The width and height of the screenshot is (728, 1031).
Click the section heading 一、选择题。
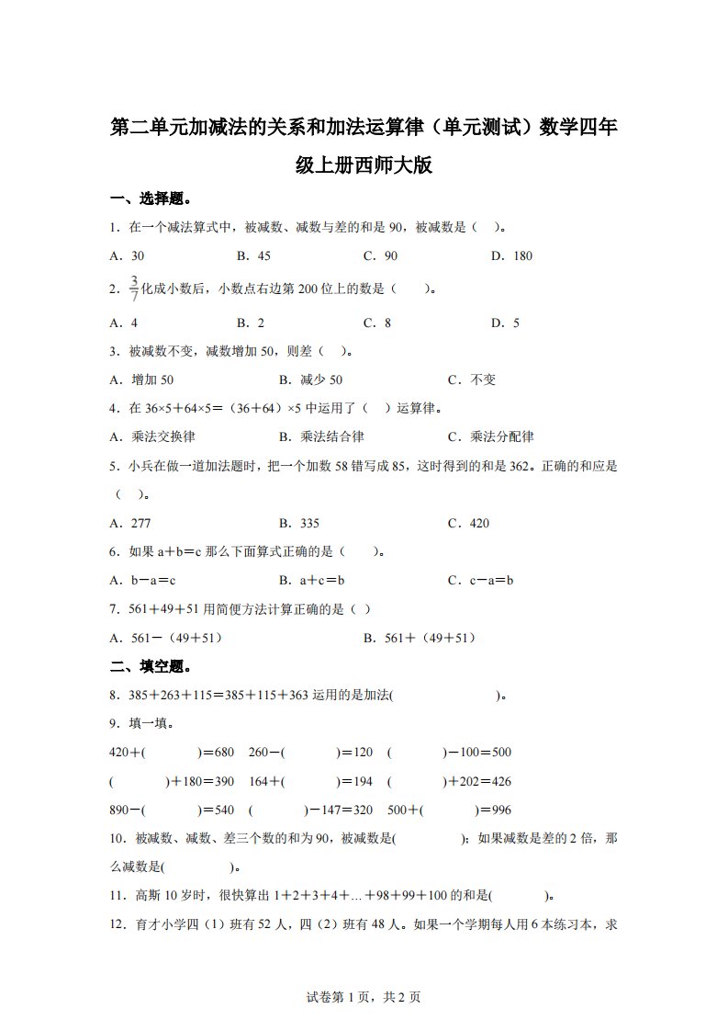tap(151, 198)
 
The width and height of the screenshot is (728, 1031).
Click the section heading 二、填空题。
tap(151, 666)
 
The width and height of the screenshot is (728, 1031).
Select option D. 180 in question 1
tap(511, 255)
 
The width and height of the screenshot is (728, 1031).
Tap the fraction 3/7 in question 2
tap(134, 288)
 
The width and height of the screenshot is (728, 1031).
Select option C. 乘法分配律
tap(490, 436)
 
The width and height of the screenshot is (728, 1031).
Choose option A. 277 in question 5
tap(130, 523)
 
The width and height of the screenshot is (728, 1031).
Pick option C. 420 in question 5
tap(468, 523)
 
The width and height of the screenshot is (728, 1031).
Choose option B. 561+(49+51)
tap(420, 638)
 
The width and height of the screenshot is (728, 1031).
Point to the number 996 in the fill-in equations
tap(500, 810)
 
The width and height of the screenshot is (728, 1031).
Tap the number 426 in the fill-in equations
tap(500, 781)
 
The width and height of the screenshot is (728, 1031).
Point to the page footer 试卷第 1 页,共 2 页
tap(364, 997)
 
